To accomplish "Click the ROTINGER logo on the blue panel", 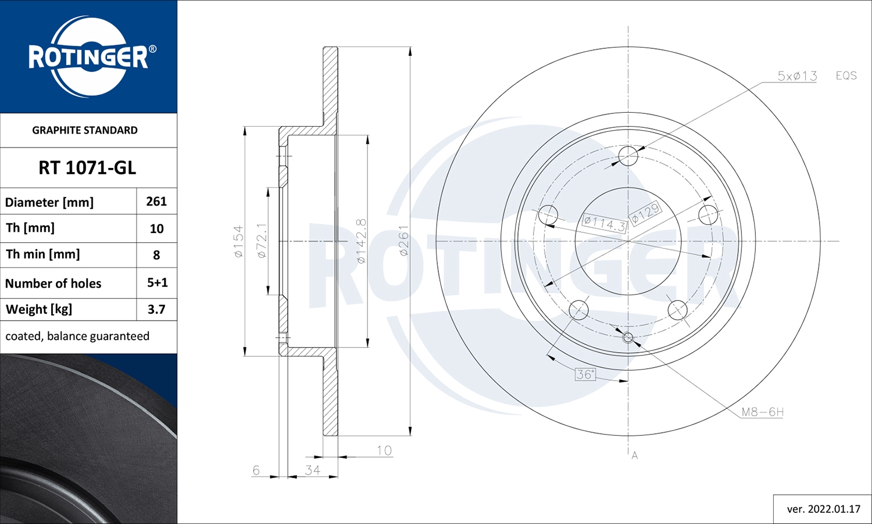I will tap(88, 57).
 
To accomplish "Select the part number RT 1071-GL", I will tap(87, 168).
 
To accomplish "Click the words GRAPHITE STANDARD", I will tap(85, 130).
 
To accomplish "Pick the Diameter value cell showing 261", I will tap(156, 202).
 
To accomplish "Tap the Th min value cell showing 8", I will tap(156, 254).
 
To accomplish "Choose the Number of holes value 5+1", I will tap(157, 283).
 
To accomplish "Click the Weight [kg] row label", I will tap(39, 309).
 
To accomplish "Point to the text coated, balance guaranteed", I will tap(77, 336).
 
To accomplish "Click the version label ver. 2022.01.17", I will tap(823, 509).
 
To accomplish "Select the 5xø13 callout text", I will tap(797, 76).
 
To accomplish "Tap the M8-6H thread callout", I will tap(762, 412).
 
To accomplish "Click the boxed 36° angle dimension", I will tap(585, 374).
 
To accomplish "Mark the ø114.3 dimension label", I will tap(605, 223).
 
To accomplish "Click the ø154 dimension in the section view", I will tap(238, 241).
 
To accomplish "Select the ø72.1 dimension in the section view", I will tap(262, 241).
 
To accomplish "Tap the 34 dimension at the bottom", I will tap(312, 470).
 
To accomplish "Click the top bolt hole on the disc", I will tap(628, 156).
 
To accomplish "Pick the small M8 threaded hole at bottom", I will tap(628, 337).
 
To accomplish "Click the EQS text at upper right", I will tap(846, 76).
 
